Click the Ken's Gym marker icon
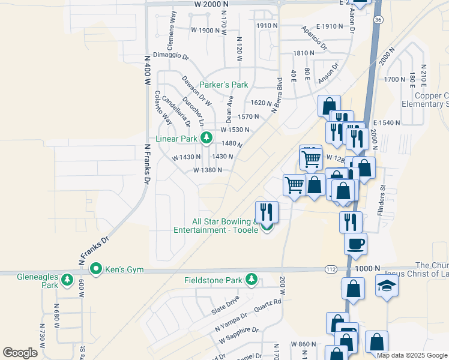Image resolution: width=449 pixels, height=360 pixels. click(x=95, y=269)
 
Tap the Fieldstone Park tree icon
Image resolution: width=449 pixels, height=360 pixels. click(x=252, y=280)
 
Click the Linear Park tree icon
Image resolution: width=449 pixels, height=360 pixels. click(x=206, y=139)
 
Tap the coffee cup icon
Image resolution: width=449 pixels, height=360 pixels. click(x=355, y=244)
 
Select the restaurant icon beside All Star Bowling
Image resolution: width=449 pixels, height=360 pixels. click(x=267, y=211)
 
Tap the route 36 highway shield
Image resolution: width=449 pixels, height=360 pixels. click(x=377, y=20)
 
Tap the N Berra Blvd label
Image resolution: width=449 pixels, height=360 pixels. click(x=277, y=95)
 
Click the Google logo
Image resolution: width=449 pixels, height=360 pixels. click(x=20, y=353)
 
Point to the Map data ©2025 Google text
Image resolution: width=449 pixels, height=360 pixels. click(x=412, y=355)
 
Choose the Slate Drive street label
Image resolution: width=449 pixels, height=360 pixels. click(x=225, y=306)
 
